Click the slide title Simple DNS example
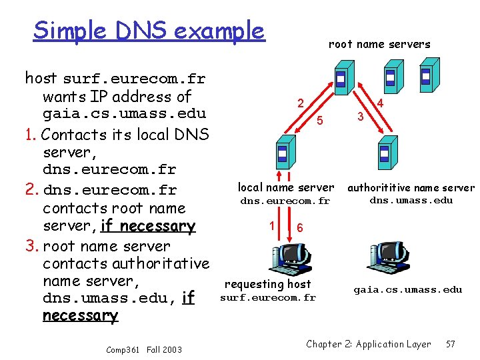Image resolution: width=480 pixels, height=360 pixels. tap(149, 30)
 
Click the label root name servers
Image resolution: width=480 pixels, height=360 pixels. tap(379, 45)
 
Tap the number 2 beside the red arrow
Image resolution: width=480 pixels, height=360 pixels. tap(301, 104)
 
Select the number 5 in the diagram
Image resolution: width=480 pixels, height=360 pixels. tap(320, 121)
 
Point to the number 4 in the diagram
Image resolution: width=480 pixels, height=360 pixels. tap(380, 104)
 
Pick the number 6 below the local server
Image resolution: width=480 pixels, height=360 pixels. tap(300, 227)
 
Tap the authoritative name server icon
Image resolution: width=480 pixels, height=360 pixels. tap(385, 154)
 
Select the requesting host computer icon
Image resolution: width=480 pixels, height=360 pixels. tap(285, 256)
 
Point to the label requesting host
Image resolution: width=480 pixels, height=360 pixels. tap(268, 285)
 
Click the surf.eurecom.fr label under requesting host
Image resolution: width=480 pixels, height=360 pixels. tap(268, 297)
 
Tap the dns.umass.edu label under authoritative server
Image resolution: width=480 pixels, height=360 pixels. tap(411, 200)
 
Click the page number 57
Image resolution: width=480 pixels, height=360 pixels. tap(451, 344)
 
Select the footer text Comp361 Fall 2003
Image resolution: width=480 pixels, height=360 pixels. tap(143, 349)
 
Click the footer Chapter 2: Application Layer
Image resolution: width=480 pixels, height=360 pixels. tap(369, 344)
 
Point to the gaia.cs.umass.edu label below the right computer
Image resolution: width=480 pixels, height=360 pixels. tap(407, 289)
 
